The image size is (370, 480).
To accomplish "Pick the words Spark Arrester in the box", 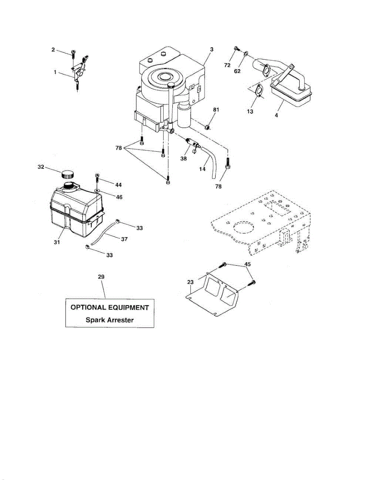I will click(x=110, y=320).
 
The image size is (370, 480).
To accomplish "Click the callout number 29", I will click(x=102, y=276).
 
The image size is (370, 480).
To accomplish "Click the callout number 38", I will click(x=184, y=158).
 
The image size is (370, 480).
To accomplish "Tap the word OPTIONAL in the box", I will click(x=90, y=308).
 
